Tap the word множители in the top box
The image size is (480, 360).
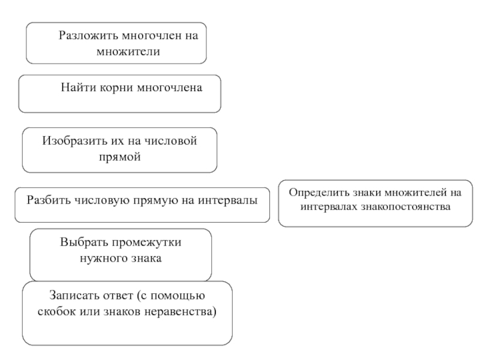click(128, 51)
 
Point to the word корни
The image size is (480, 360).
click(115, 88)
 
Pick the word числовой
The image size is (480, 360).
click(175, 142)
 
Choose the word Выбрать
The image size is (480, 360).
click(82, 244)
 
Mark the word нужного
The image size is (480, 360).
click(103, 259)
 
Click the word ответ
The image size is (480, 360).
click(117, 296)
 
